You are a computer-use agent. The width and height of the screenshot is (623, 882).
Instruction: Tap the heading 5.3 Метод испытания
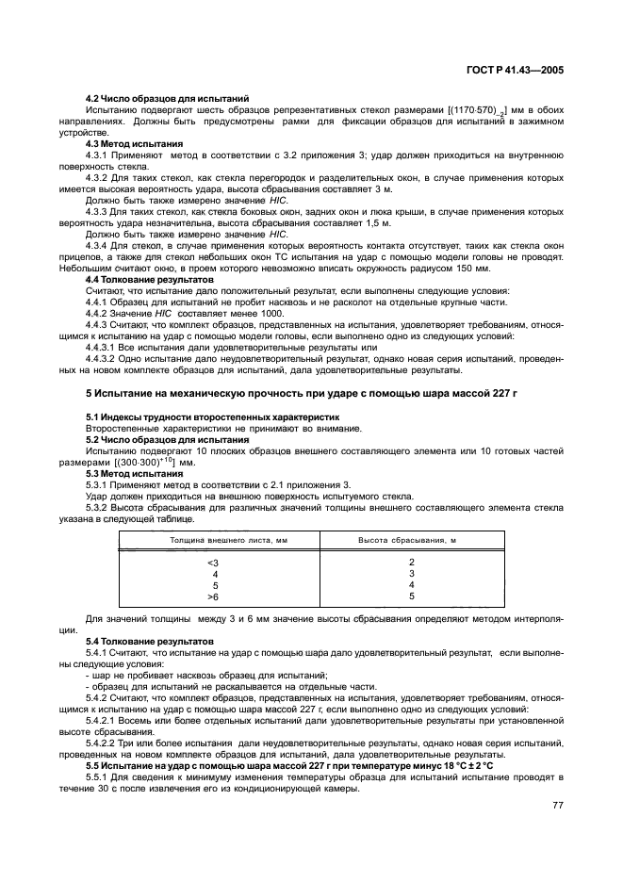129,472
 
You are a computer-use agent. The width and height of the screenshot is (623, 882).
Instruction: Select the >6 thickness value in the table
214,596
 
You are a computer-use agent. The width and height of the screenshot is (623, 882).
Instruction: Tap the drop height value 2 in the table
412,562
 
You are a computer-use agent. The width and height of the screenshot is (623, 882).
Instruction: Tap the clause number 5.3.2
99,505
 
